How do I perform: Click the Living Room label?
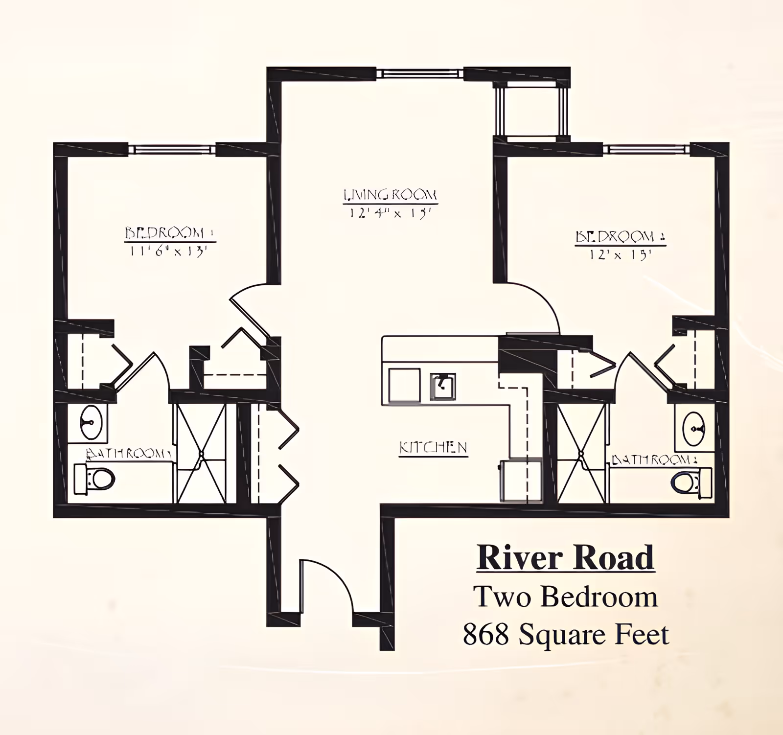390,195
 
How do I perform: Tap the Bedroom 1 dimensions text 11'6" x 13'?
169,252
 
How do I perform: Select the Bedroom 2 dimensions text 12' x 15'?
621,254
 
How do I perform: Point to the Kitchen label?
433,447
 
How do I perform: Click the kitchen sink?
443,386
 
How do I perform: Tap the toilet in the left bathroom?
95,478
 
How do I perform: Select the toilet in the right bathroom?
691,482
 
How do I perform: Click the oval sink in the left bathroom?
91,422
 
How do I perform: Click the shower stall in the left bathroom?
201,454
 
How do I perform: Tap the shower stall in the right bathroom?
582,454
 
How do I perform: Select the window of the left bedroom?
172,149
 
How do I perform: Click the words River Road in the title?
565,557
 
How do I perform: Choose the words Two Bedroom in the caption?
565,597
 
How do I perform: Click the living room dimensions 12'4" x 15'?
390,214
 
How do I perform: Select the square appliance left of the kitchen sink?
404,386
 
